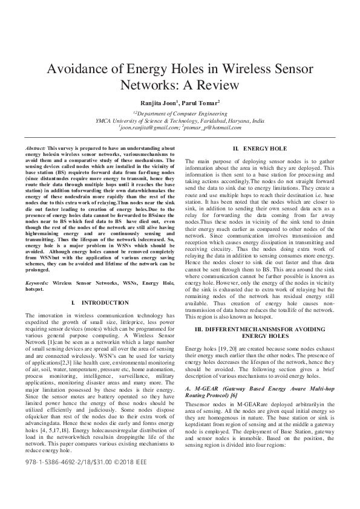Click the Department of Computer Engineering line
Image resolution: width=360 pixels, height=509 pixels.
click(x=180, y=113)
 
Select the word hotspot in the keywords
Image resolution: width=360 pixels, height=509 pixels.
click(x=34, y=289)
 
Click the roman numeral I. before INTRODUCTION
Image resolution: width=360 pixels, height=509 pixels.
click(x=73, y=302)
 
